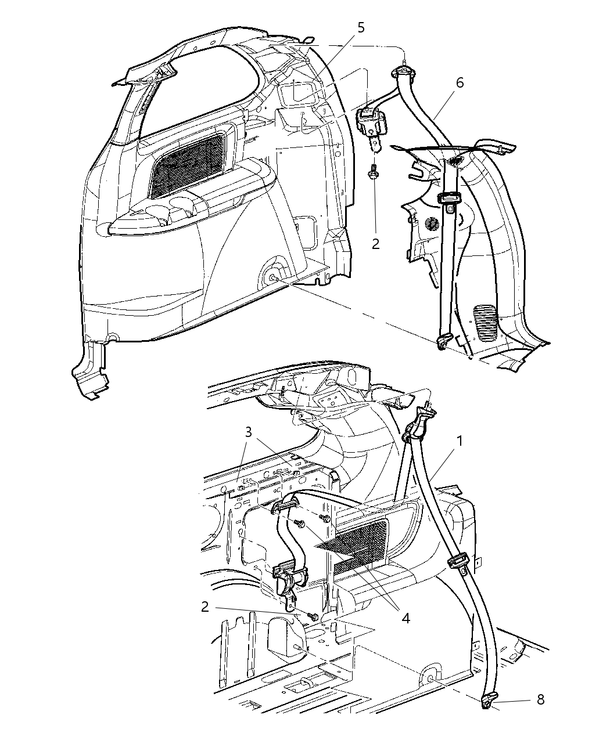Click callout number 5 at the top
pos(361,28)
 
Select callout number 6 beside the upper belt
pos(460,83)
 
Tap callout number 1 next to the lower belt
pos(460,441)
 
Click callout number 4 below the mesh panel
pos(406,618)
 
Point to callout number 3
pos(249,432)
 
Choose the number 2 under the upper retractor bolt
pos(375,244)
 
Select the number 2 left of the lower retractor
pos(204,607)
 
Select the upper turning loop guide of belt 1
pos(419,425)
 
